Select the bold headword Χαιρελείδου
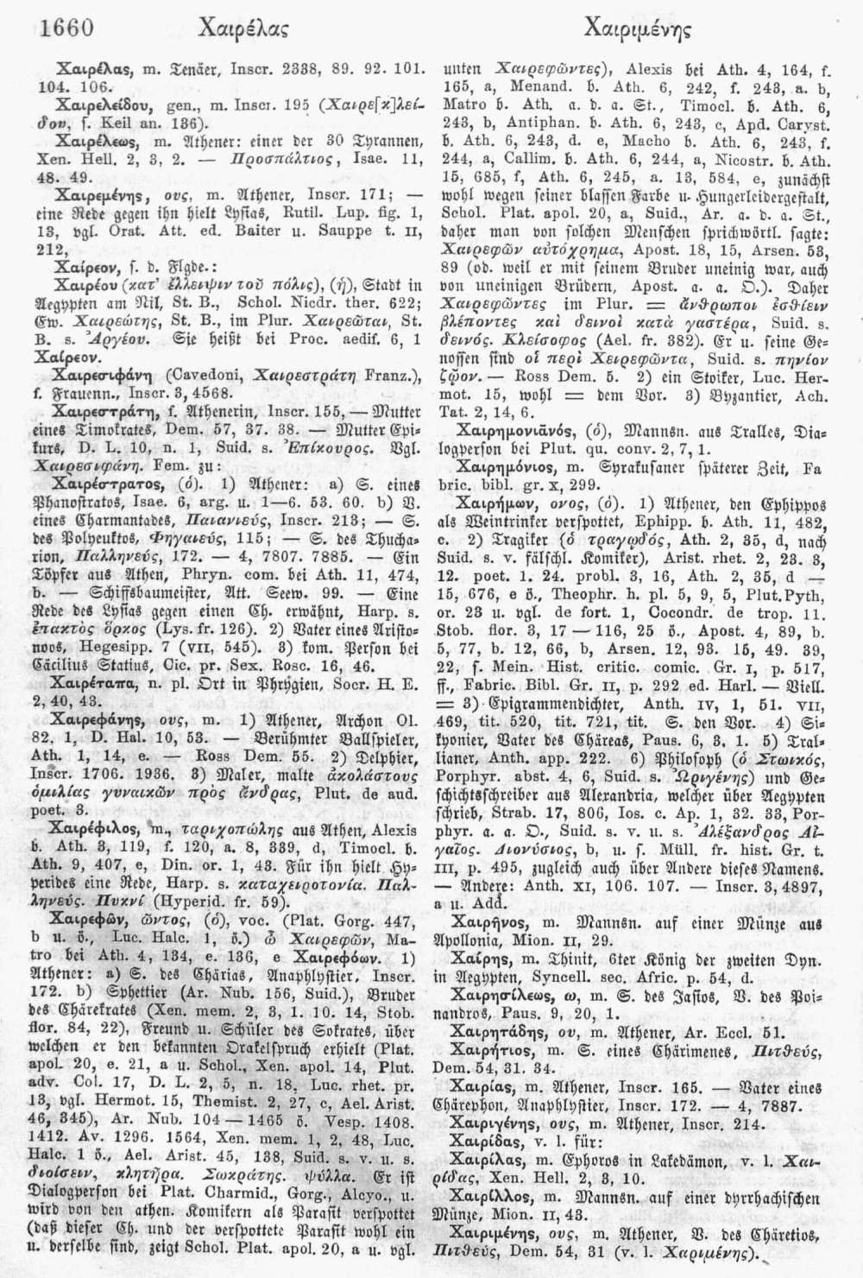pyautogui.click(x=92, y=101)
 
